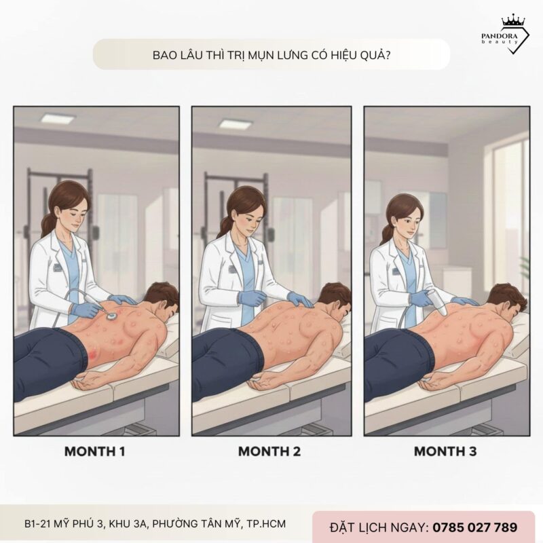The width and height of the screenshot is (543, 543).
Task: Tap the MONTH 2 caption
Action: pos(269,450)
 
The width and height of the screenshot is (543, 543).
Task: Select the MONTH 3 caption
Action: pos(445,450)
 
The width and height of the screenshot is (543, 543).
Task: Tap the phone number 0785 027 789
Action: pos(474,527)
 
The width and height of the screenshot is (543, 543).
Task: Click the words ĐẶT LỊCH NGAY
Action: pos(378,527)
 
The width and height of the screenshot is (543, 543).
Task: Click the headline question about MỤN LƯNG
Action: pos(271,54)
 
